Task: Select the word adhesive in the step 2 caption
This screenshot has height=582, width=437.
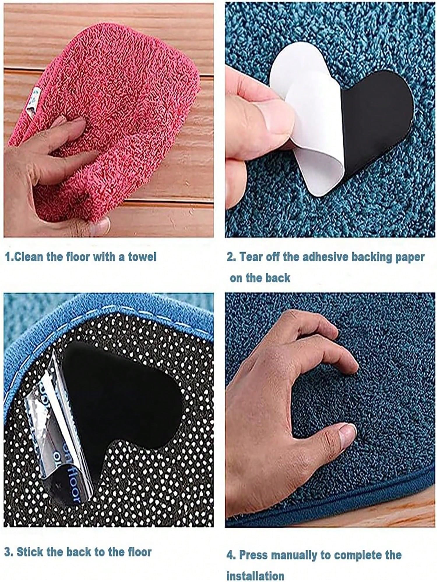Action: point(322,257)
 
